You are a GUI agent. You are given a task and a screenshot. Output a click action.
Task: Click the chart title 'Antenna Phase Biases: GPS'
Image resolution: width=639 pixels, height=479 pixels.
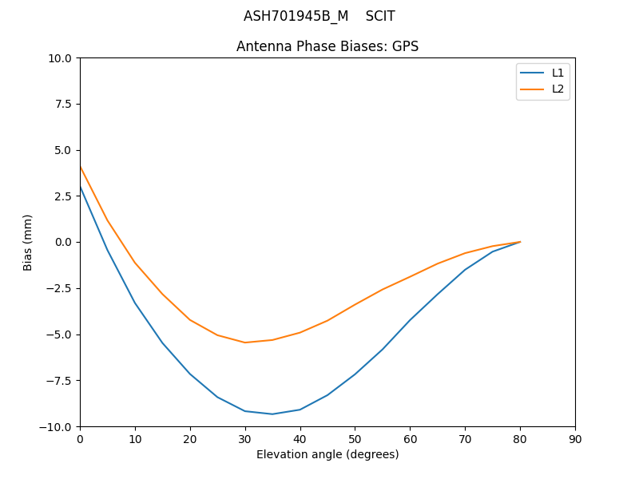pyautogui.click(x=327, y=46)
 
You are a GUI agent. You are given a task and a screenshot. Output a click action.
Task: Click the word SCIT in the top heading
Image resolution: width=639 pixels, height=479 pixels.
pyautogui.click(x=380, y=16)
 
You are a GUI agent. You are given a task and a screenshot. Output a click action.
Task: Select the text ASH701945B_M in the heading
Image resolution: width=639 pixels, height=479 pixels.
pyautogui.click(x=296, y=16)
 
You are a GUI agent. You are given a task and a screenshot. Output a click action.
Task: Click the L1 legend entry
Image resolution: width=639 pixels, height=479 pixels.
pyautogui.click(x=558, y=73)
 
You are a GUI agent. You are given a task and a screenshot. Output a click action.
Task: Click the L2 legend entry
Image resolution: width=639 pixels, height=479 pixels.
pyautogui.click(x=558, y=89)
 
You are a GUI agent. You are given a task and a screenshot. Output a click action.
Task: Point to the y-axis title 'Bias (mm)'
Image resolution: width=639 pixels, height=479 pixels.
pyautogui.click(x=28, y=242)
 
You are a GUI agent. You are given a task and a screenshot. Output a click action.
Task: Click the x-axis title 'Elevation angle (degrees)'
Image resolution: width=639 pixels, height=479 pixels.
pyautogui.click(x=327, y=454)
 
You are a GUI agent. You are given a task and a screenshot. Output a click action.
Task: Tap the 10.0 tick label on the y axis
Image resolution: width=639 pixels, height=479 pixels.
pyautogui.click(x=61, y=58)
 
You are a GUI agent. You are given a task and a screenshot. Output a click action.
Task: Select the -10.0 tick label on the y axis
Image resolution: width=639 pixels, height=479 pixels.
pyautogui.click(x=58, y=426)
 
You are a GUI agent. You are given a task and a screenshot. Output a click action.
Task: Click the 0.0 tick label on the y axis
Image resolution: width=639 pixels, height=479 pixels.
pyautogui.click(x=64, y=242)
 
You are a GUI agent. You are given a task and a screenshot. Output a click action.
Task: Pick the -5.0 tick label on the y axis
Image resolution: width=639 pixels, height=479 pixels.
pyautogui.click(x=61, y=335)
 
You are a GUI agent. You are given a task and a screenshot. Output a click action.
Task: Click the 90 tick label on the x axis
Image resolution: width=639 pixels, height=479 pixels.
pyautogui.click(x=574, y=439)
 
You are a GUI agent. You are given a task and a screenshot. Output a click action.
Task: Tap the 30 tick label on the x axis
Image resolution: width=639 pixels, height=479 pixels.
pyautogui.click(x=244, y=439)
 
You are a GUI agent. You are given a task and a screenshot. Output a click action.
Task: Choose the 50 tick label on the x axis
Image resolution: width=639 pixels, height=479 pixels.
pyautogui.click(x=355, y=439)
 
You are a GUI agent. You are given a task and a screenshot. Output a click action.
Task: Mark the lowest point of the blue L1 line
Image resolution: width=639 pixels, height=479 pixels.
pyautogui.click(x=272, y=414)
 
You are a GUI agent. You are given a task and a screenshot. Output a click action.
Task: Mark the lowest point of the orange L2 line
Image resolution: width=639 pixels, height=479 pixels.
pyautogui.click(x=244, y=342)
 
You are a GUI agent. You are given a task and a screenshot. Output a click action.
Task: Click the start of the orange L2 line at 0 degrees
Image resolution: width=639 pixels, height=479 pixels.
pyautogui.click(x=81, y=167)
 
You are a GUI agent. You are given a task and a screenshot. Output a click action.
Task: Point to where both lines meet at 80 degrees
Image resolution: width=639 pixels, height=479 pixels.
pyautogui.click(x=520, y=242)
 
